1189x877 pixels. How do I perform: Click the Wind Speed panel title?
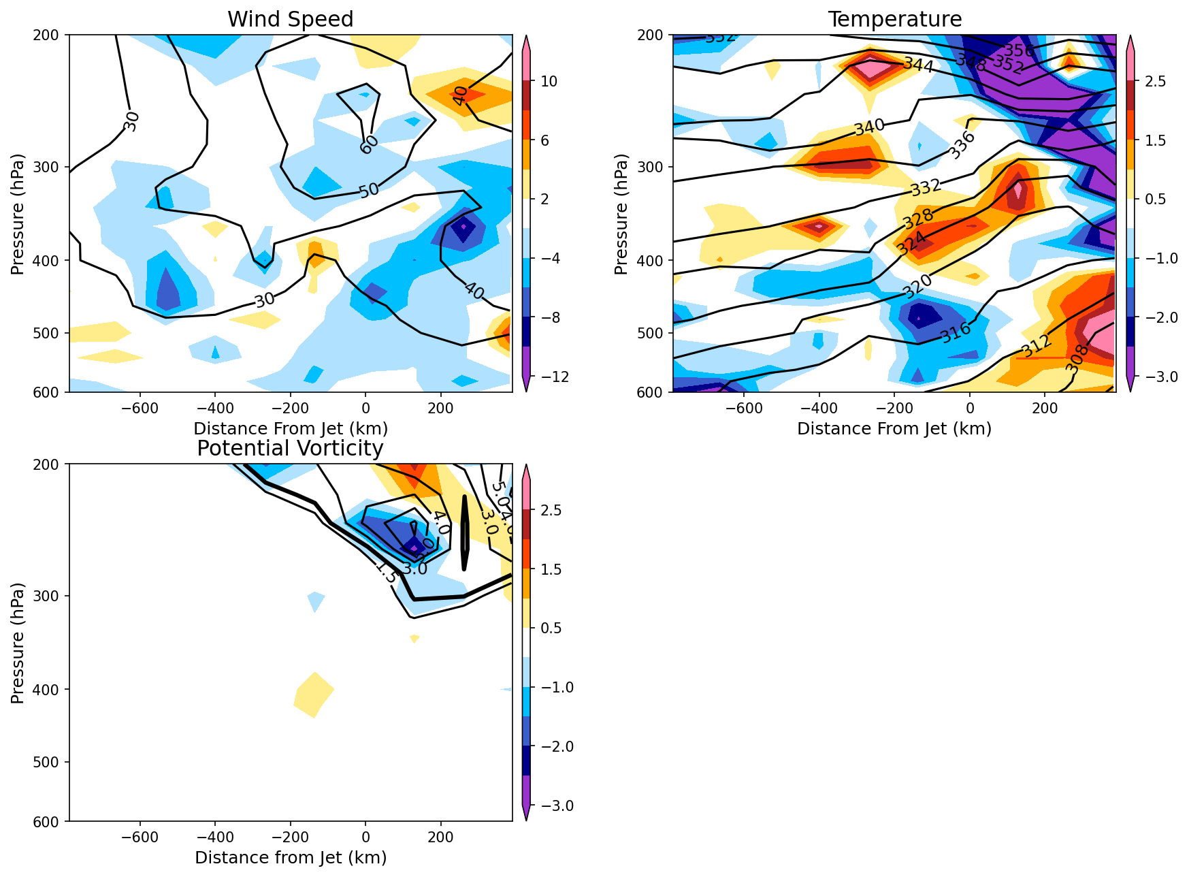291,19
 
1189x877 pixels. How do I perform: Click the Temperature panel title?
894,19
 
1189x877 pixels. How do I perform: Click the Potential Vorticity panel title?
291,448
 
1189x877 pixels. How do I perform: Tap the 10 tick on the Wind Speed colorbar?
549,82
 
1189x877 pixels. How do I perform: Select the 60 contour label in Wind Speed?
369,144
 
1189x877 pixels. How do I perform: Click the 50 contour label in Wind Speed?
369,190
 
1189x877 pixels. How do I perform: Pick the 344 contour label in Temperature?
918,65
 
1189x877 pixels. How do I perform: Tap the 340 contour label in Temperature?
869,127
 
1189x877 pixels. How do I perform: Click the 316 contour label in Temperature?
956,333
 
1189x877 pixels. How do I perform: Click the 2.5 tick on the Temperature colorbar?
1156,82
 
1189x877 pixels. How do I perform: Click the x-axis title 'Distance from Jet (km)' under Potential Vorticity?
291,857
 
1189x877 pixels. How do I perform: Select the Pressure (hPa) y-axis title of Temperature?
621,214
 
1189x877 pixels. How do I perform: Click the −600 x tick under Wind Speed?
140,409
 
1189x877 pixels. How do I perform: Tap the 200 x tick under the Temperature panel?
1045,409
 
